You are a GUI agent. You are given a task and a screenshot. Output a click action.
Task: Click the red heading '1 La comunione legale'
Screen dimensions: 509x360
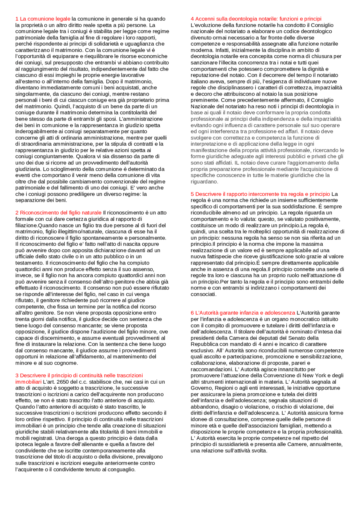(x=43, y=19)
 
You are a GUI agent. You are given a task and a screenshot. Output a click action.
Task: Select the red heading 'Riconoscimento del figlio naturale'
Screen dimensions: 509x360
(x=60, y=213)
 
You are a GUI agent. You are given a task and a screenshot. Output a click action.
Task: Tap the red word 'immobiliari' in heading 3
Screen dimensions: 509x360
(x=28, y=382)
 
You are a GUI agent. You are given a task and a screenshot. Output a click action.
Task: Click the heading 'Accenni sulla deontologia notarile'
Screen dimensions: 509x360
(x=256, y=19)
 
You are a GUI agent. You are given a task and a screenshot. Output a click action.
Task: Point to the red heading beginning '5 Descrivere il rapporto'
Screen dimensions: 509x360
(x=260, y=194)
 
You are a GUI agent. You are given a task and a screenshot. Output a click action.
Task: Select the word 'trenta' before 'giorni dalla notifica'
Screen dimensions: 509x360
(x=22, y=319)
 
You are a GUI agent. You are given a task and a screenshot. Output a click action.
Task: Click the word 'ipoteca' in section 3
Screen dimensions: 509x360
(x=24, y=445)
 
